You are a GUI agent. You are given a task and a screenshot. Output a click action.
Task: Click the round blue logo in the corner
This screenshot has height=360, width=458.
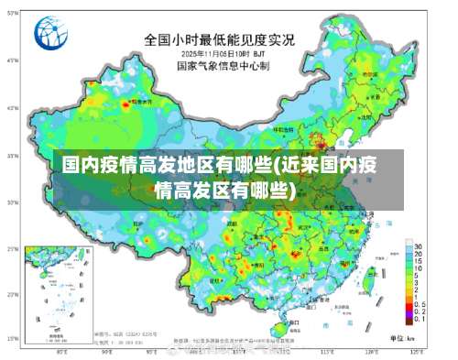51,35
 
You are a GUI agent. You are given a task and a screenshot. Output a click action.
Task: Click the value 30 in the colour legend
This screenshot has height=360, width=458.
417,247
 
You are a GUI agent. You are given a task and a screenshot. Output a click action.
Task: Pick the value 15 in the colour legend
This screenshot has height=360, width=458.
417,259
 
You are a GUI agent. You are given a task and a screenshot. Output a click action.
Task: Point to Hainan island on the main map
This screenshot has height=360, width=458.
285,323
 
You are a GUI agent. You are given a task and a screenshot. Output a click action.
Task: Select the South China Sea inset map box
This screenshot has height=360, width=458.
58,292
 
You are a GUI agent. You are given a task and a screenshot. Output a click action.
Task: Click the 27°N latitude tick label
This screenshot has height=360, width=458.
13,248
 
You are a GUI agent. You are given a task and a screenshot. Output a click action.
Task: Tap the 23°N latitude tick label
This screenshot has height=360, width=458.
13,295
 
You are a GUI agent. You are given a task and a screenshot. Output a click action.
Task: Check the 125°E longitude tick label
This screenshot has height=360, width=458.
414,352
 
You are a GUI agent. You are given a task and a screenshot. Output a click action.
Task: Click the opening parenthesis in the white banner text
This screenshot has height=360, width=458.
273,166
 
